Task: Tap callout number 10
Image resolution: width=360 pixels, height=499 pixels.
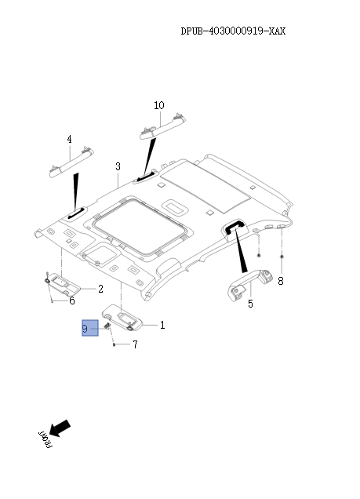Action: pyautogui.click(x=159, y=105)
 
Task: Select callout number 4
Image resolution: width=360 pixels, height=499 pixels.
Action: pyautogui.click(x=69, y=140)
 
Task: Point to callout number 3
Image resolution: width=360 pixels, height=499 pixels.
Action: pyautogui.click(x=118, y=166)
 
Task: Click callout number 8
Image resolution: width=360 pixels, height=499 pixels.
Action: pyautogui.click(x=281, y=280)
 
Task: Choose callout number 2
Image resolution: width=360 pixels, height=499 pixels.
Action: pyautogui.click(x=100, y=289)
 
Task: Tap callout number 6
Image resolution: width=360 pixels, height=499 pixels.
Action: pyautogui.click(x=71, y=300)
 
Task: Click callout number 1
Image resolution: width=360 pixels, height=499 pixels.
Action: pyautogui.click(x=162, y=325)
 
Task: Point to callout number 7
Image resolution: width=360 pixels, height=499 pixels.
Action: pyautogui.click(x=134, y=344)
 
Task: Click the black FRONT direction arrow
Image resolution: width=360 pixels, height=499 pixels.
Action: pyautogui.click(x=61, y=427)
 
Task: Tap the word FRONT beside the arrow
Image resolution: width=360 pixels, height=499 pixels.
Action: pyautogui.click(x=44, y=440)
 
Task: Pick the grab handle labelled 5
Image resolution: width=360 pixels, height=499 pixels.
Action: pyautogui.click(x=250, y=282)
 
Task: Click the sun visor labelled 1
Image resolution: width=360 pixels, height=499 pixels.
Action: pyautogui.click(x=124, y=317)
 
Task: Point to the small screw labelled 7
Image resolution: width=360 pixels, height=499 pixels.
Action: pyautogui.click(x=115, y=344)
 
